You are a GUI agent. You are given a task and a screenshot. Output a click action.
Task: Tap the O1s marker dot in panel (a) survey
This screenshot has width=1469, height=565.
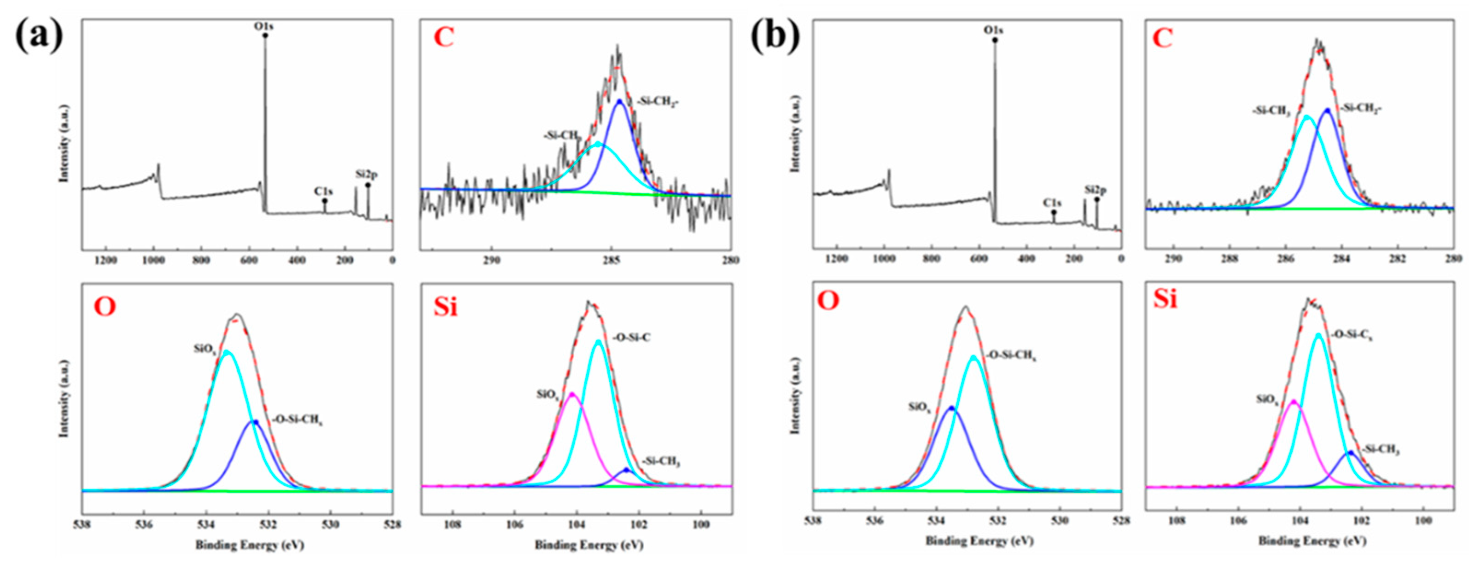click(265, 35)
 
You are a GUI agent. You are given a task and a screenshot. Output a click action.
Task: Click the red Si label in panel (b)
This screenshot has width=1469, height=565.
click(1165, 299)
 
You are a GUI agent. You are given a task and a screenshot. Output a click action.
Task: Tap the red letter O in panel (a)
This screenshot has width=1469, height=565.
click(105, 307)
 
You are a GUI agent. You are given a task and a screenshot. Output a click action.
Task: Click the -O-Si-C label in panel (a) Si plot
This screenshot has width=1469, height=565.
click(632, 338)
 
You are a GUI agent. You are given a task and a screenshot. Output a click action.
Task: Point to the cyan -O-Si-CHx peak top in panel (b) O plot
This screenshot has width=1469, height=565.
click(974, 357)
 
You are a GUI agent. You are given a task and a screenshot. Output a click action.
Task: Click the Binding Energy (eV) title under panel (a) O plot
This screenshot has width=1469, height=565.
click(250, 545)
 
